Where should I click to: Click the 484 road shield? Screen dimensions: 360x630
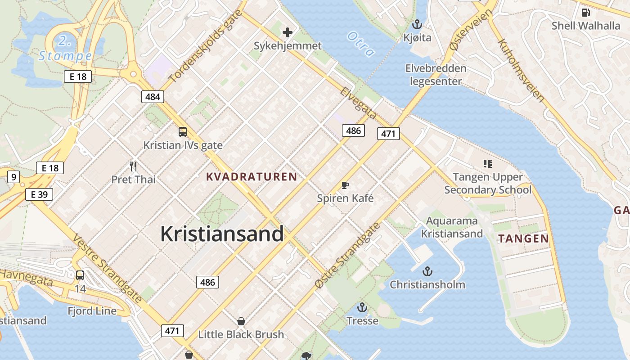tap(153, 96)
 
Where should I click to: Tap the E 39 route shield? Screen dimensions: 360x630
tap(39, 194)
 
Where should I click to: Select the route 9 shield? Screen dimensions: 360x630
tap(13, 177)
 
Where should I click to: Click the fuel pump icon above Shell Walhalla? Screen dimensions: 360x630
tap(585, 13)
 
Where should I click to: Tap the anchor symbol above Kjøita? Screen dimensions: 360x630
tap(417, 24)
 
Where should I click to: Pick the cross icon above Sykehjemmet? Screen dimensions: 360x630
tap(287, 32)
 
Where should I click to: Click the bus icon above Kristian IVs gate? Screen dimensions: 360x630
tap(182, 132)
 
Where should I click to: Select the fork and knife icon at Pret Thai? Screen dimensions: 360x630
tap(133, 166)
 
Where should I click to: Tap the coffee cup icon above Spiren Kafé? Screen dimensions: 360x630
tap(345, 185)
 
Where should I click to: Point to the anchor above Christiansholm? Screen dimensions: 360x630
tap(427, 271)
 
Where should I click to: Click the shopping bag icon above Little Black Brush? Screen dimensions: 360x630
tap(241, 321)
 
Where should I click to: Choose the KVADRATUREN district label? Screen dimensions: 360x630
tap(252, 177)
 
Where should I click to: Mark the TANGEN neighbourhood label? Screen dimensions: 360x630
tap(524, 238)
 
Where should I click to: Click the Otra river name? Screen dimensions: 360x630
tap(361, 44)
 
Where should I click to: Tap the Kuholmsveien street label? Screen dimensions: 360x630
tap(521, 70)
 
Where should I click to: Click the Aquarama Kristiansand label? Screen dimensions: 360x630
tap(452, 227)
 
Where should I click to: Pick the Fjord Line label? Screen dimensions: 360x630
tap(92, 310)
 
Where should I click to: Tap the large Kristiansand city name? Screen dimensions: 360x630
tap(222, 234)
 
